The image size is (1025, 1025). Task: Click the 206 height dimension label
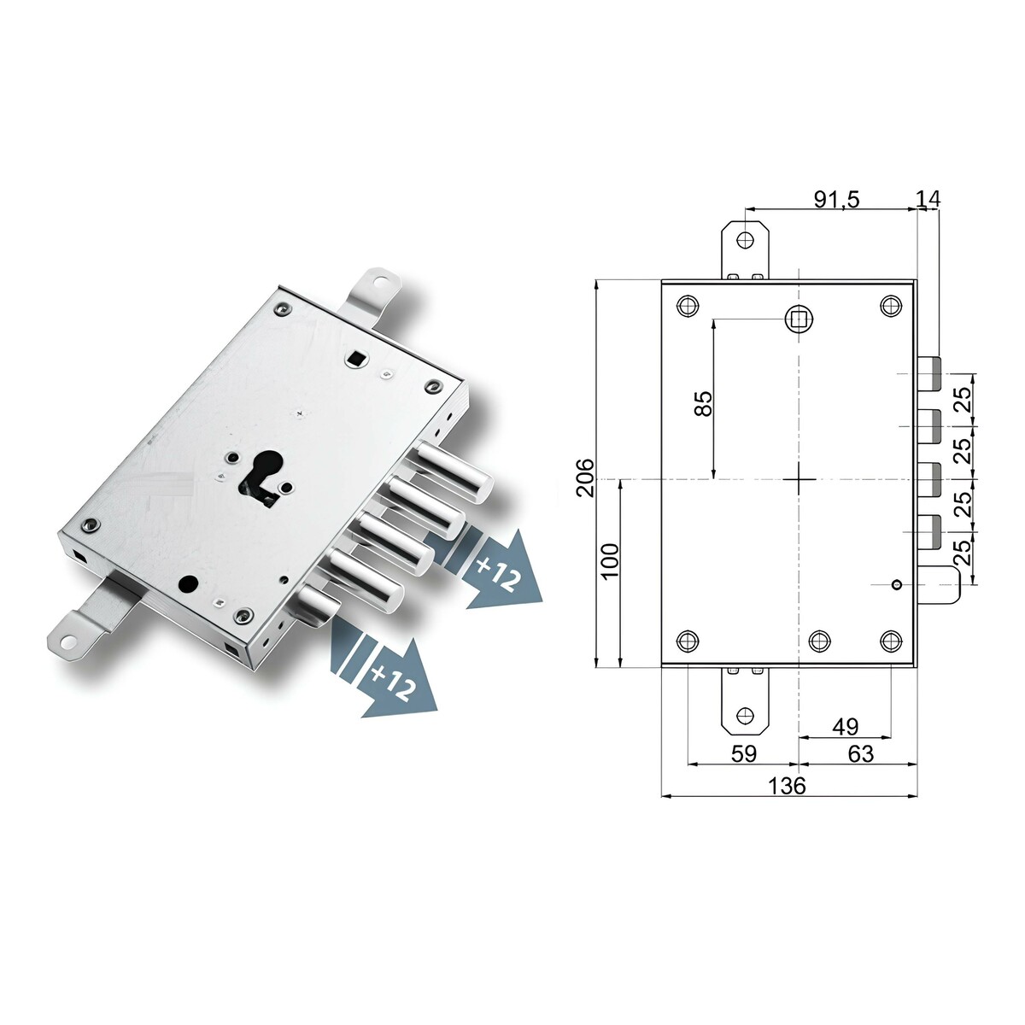pyautogui.click(x=585, y=477)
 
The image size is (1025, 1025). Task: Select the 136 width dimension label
pyautogui.click(x=787, y=785)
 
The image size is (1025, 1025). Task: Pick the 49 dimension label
pyautogui.click(x=846, y=726)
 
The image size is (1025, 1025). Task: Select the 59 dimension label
pyautogui.click(x=744, y=753)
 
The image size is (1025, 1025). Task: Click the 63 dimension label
pyautogui.click(x=861, y=753)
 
